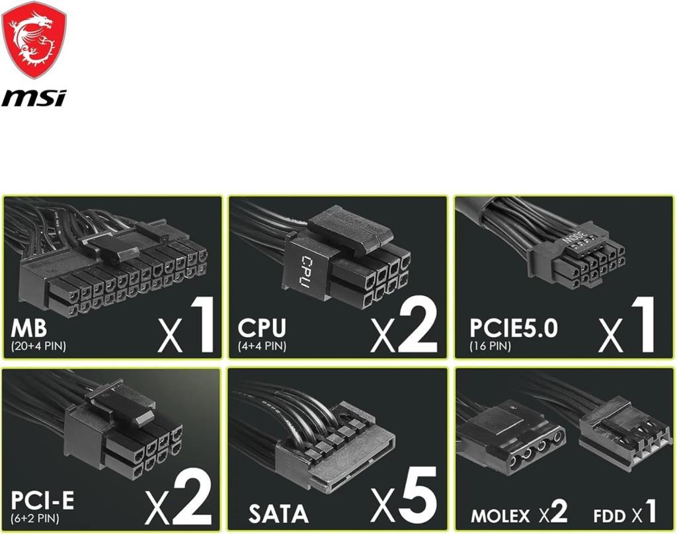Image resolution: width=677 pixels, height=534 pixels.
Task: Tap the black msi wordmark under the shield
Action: [34, 98]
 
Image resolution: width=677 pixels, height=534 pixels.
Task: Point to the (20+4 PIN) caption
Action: [38, 346]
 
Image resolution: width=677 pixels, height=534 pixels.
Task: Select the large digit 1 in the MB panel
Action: [202, 324]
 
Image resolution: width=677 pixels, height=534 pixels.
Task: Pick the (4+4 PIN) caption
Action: [262, 346]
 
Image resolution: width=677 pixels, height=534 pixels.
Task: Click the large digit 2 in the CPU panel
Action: [417, 324]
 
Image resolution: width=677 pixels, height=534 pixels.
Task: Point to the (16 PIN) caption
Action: [490, 346]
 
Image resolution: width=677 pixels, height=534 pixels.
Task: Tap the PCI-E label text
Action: [42, 501]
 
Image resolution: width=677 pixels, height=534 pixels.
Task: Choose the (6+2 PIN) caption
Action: [35, 518]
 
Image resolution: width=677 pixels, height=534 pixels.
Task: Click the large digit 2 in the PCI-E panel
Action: [192, 496]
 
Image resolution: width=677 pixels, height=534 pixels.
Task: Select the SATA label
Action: [278, 514]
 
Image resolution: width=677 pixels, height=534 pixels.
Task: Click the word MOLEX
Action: [500, 516]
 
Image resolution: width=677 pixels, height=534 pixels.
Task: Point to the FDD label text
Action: [609, 516]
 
